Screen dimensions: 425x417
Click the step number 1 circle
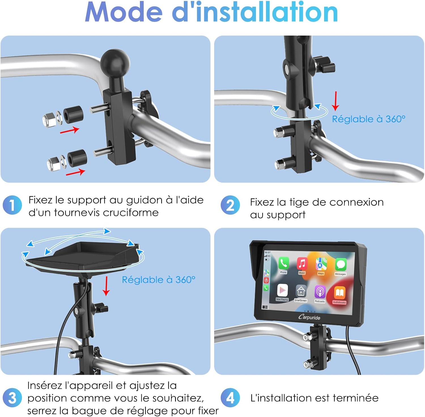pos(12,205)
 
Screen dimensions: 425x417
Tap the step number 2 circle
pos(230,205)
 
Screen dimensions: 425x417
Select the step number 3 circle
pos(12,397)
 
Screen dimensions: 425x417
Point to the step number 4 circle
pos(230,397)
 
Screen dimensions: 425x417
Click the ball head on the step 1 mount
pos(115,63)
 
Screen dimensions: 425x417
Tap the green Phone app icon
pos(283,263)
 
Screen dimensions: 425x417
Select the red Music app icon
pos(302,264)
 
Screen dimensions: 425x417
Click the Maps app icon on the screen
pos(321,264)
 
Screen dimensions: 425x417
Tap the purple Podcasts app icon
pos(320,292)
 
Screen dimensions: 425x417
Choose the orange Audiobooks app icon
pos(339,293)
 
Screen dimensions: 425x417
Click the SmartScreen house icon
pos(301,291)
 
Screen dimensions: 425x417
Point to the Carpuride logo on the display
pos(309,317)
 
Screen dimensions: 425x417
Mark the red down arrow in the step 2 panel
pos(335,101)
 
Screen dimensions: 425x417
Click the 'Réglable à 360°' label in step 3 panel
pos(159,280)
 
